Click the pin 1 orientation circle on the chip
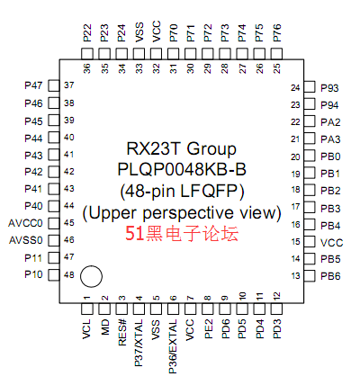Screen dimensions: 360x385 pyautogui.click(x=91, y=276)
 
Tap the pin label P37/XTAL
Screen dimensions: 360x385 pyautogui.click(x=139, y=343)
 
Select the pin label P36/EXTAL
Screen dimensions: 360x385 pyautogui.click(x=173, y=346)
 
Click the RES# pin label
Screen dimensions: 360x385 pyautogui.click(x=121, y=333)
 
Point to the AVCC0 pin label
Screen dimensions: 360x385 pyautogui.click(x=25, y=223)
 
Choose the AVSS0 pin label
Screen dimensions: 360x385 pyautogui.click(x=26, y=240)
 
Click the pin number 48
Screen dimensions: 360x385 pyautogui.click(x=69, y=274)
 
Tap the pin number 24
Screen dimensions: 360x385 pyautogui.click(x=295, y=88)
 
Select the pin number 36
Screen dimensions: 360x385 pyautogui.click(x=87, y=68)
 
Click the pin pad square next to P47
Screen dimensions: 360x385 pyautogui.click(x=54, y=85)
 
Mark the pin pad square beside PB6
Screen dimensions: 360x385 pyautogui.click(x=310, y=275)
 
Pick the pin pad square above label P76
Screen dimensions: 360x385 pyautogui.click(x=276, y=54)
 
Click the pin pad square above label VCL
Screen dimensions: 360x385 pyautogui.click(x=87, y=309)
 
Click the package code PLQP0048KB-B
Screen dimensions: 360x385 pyautogui.click(x=182, y=169)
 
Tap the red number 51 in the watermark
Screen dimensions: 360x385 pyautogui.click(x=135, y=234)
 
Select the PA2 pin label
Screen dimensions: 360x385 pyautogui.click(x=330, y=122)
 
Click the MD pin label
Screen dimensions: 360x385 pyautogui.click(x=104, y=327)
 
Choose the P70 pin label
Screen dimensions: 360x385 pyautogui.click(x=174, y=33)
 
